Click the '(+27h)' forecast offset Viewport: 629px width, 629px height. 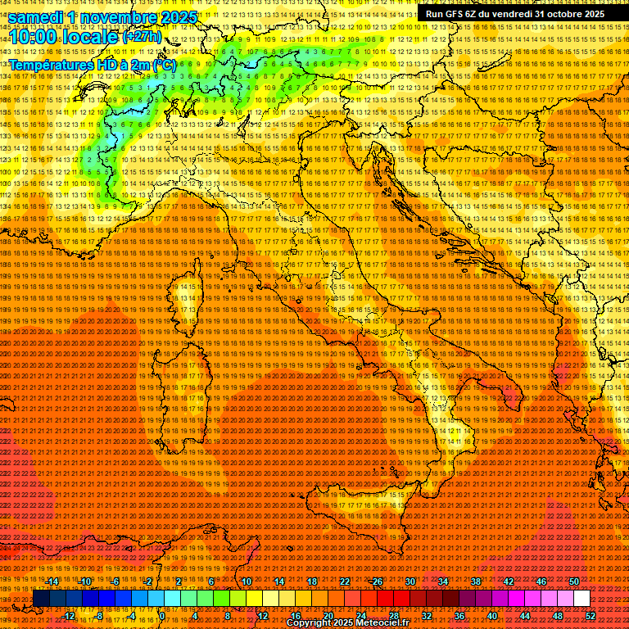[x=141, y=38]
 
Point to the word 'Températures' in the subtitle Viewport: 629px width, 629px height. [x=50, y=64]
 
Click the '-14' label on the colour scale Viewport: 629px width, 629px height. [x=53, y=581]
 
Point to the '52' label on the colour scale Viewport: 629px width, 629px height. [x=591, y=616]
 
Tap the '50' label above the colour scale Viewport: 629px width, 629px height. [x=574, y=581]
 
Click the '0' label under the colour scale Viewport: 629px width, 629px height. [x=162, y=616]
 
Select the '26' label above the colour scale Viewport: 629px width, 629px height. [x=378, y=581]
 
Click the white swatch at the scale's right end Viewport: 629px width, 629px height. [x=581, y=599]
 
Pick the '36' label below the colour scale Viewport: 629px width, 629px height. [x=459, y=616]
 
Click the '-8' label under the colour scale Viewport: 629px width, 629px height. [x=100, y=616]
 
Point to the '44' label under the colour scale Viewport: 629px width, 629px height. [x=525, y=616]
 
